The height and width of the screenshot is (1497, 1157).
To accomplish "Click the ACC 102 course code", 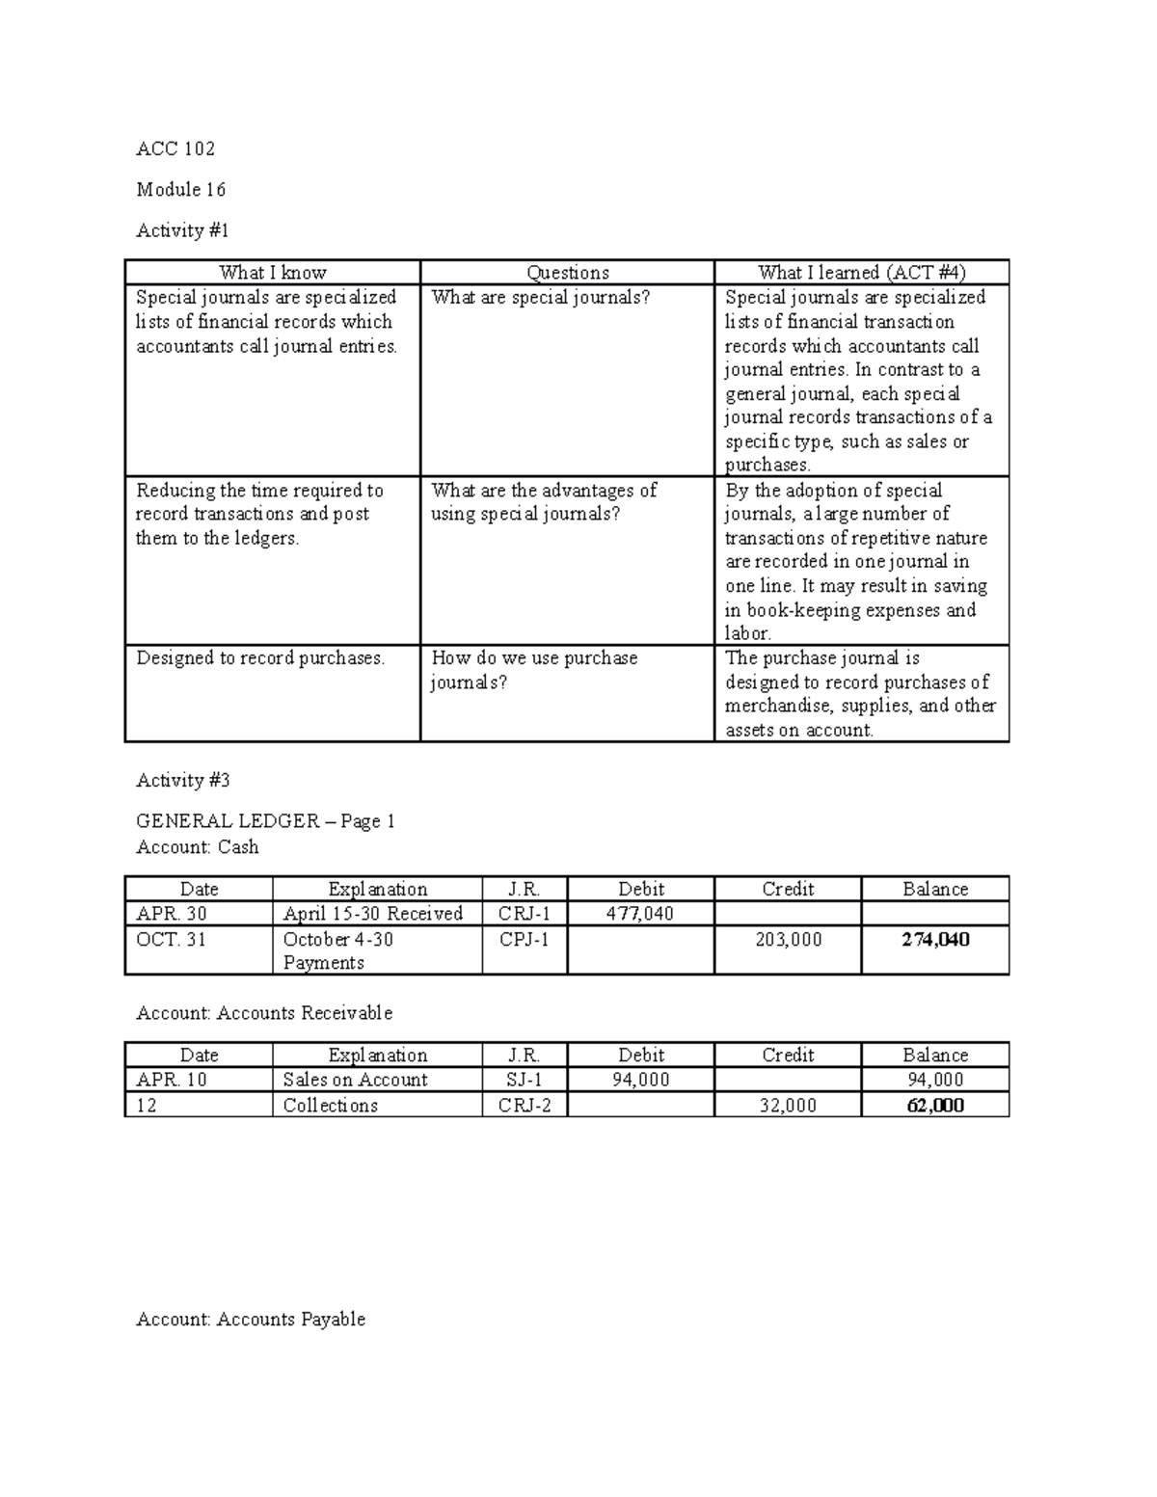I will [175, 148].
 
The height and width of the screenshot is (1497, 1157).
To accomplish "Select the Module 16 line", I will [181, 190].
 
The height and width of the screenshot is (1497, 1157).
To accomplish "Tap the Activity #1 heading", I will [183, 230].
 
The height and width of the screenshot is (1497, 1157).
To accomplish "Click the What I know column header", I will [273, 273].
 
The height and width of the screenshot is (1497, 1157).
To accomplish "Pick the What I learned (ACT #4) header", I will [861, 273].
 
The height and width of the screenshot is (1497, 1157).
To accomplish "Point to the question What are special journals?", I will [541, 298].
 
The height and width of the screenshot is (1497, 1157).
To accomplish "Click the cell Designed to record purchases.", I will [260, 658].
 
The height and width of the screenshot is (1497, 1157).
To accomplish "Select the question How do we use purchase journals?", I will [534, 670].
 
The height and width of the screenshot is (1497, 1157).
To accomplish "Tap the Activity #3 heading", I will [183, 781].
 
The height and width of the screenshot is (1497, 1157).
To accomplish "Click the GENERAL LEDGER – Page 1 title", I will [266, 821].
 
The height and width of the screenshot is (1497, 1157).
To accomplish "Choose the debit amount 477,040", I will [640, 914].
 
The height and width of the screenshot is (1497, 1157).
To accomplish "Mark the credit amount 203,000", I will [788, 940].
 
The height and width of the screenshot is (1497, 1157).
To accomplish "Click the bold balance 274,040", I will [935, 940].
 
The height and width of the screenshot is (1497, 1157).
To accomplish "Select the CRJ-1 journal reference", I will [525, 914].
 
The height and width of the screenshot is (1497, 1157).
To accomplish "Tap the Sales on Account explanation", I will [355, 1081].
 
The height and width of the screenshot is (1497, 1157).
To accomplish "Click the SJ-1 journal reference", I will [525, 1081].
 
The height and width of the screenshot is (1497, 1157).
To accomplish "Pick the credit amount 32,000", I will [788, 1106].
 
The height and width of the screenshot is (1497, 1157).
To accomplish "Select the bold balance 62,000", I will [935, 1106].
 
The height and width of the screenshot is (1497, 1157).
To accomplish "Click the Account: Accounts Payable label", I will [251, 1320].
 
